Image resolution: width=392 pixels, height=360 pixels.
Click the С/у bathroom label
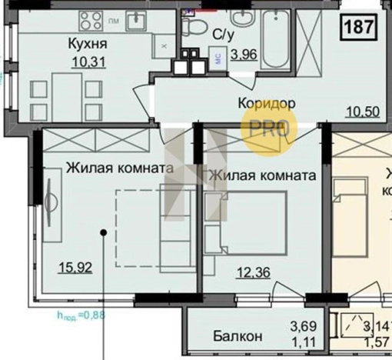point(224,34)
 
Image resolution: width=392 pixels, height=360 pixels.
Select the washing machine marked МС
point(219,55)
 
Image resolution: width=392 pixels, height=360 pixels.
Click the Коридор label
point(266,102)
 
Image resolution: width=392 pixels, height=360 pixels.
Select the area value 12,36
point(253,270)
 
